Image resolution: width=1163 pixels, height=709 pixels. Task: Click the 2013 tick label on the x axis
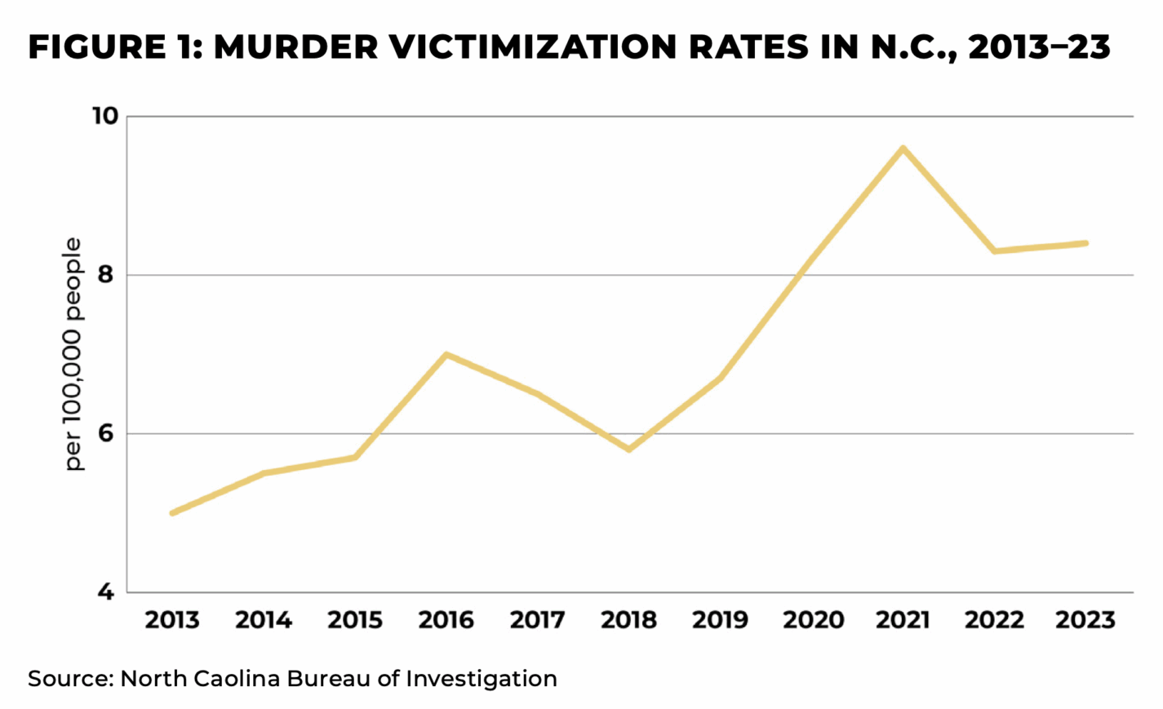[x=172, y=620]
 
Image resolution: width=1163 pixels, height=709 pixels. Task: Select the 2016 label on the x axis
[x=446, y=620]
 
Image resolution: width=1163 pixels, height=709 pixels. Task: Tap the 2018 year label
[x=628, y=620]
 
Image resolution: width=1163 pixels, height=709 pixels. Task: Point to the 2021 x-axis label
[x=903, y=620]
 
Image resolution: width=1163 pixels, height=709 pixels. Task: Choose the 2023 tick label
[x=1085, y=620]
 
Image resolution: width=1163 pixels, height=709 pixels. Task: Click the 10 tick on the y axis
[x=104, y=116]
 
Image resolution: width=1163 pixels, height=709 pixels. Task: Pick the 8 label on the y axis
[x=105, y=275]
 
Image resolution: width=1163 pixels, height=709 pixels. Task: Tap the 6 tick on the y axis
[x=105, y=433]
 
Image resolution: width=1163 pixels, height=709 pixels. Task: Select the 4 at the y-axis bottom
[x=105, y=592]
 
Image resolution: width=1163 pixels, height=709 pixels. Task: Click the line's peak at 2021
[x=903, y=148]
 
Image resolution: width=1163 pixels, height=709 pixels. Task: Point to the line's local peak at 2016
[x=446, y=354]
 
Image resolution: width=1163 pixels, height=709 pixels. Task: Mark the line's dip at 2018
[x=628, y=450]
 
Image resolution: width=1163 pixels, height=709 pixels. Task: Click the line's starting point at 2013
[x=172, y=512]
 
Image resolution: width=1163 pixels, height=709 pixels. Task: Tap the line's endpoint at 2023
[x=1085, y=243]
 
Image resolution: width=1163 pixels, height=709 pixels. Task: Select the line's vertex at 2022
[x=994, y=250]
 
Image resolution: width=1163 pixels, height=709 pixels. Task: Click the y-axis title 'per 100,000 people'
[x=73, y=354]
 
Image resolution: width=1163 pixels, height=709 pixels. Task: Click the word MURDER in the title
[x=295, y=47]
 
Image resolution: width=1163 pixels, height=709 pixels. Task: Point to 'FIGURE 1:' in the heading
[x=114, y=47]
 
